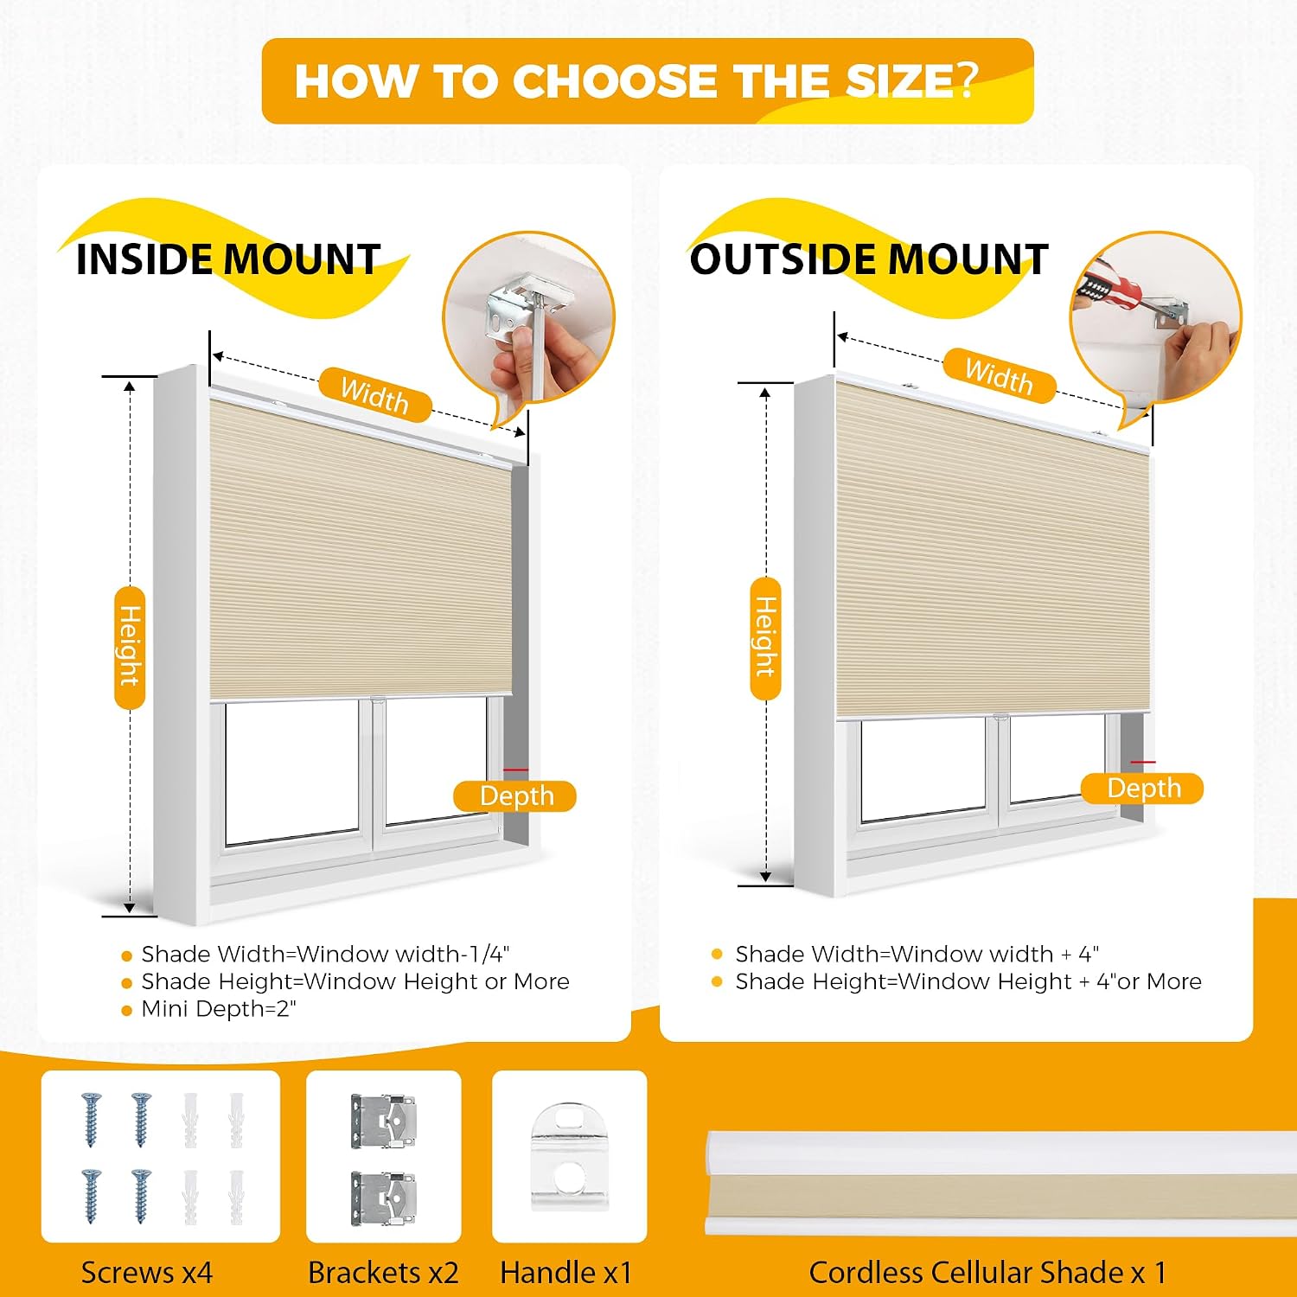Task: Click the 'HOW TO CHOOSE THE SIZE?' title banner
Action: point(648,81)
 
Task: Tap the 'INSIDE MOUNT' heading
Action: point(228,259)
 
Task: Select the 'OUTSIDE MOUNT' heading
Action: point(868,259)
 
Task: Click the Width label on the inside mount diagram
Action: point(374,395)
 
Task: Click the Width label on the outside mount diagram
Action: point(1000,376)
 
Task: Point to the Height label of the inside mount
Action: point(130,647)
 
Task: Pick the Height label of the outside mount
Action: point(765,638)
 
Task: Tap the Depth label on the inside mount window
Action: point(515,796)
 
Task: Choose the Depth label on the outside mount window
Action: point(1142,789)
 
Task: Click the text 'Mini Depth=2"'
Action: point(219,1009)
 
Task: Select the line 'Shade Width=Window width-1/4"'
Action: point(325,955)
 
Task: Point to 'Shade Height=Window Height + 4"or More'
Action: point(968,981)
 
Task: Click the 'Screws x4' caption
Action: point(146,1273)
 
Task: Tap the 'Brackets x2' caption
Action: point(383,1273)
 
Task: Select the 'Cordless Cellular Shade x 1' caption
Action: point(987,1273)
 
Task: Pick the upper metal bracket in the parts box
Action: point(384,1121)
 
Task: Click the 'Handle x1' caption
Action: point(566,1273)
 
